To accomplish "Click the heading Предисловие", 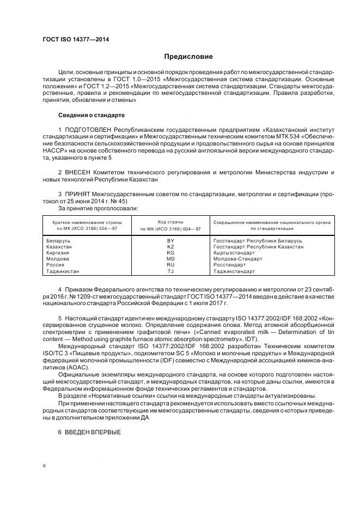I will pyautogui.click(x=188, y=57).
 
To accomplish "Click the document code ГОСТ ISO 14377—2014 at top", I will pyautogui.click(x=76, y=39).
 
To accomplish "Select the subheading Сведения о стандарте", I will pyautogui.click(x=91, y=116).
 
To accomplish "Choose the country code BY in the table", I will pyautogui.click(x=170, y=241).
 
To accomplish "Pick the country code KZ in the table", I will pyautogui.click(x=170, y=247).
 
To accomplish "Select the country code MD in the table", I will pyautogui.click(x=170, y=259).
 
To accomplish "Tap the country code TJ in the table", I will pyautogui.click(x=170, y=271).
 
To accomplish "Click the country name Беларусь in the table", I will pyautogui.click(x=59, y=241).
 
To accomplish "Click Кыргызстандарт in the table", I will pyautogui.click(x=234, y=253).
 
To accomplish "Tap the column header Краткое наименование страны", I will pyautogui.click(x=87, y=222).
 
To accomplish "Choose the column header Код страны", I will pyautogui.click(x=170, y=222).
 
